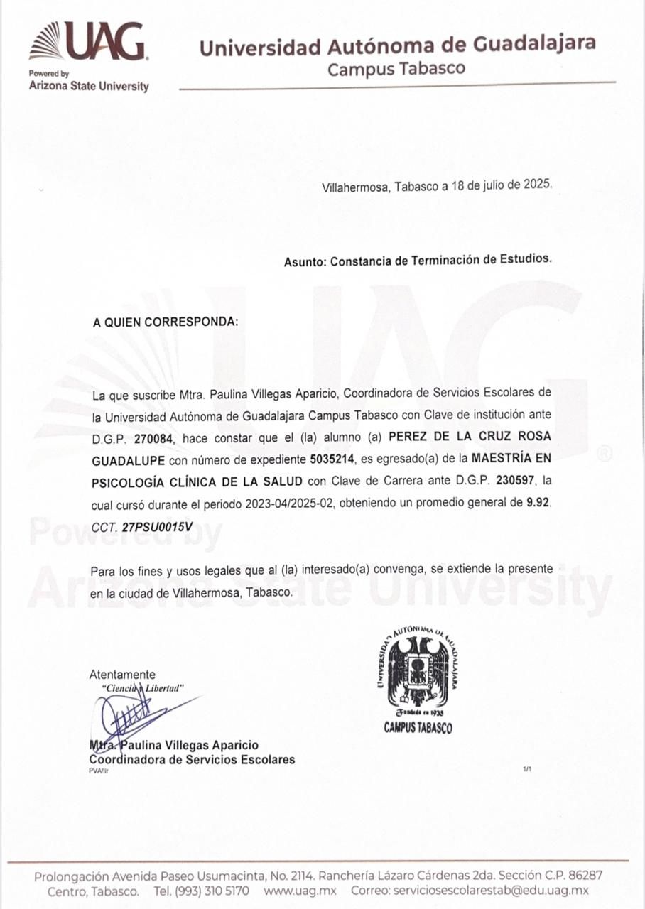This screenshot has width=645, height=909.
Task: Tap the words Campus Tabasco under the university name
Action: pyautogui.click(x=396, y=69)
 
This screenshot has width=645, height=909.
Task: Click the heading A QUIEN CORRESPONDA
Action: pyautogui.click(x=166, y=322)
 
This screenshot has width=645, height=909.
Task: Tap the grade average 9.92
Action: pyautogui.click(x=538, y=502)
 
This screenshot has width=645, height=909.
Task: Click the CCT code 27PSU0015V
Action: pyautogui.click(x=157, y=527)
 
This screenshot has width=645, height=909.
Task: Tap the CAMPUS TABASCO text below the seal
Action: pyautogui.click(x=418, y=728)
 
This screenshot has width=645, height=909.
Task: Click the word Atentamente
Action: pyautogui.click(x=122, y=675)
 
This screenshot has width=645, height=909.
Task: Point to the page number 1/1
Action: pyautogui.click(x=527, y=769)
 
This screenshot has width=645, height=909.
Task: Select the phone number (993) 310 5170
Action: pyautogui.click(x=211, y=891)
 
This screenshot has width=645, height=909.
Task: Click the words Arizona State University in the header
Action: pyautogui.click(x=89, y=87)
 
